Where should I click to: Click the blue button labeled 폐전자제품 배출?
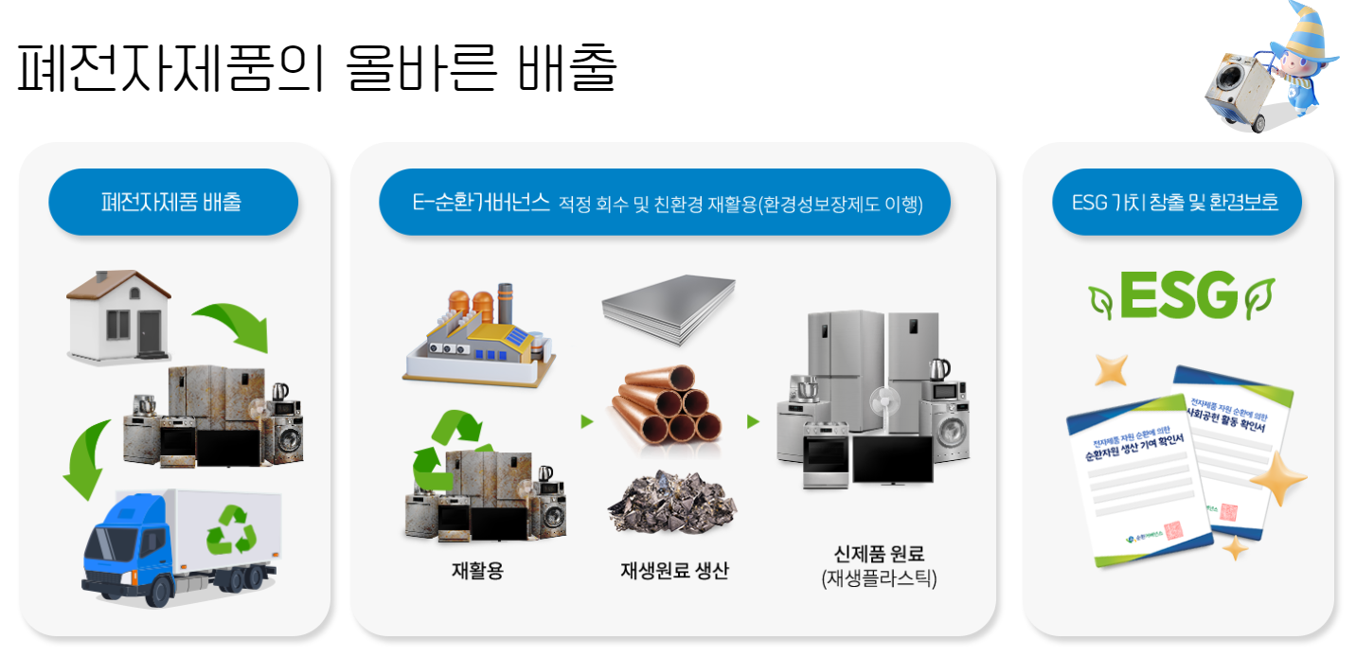click(x=172, y=202)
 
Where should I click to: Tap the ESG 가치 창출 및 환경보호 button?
click(x=1176, y=202)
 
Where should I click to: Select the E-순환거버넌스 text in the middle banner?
click(x=481, y=202)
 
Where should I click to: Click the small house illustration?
click(x=118, y=315)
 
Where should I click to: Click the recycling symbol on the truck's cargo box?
click(x=232, y=529)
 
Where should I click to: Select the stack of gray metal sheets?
click(x=668, y=308)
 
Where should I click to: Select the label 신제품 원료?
click(x=878, y=554)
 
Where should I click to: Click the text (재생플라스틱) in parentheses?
click(x=879, y=577)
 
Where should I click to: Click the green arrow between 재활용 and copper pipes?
click(x=587, y=421)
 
